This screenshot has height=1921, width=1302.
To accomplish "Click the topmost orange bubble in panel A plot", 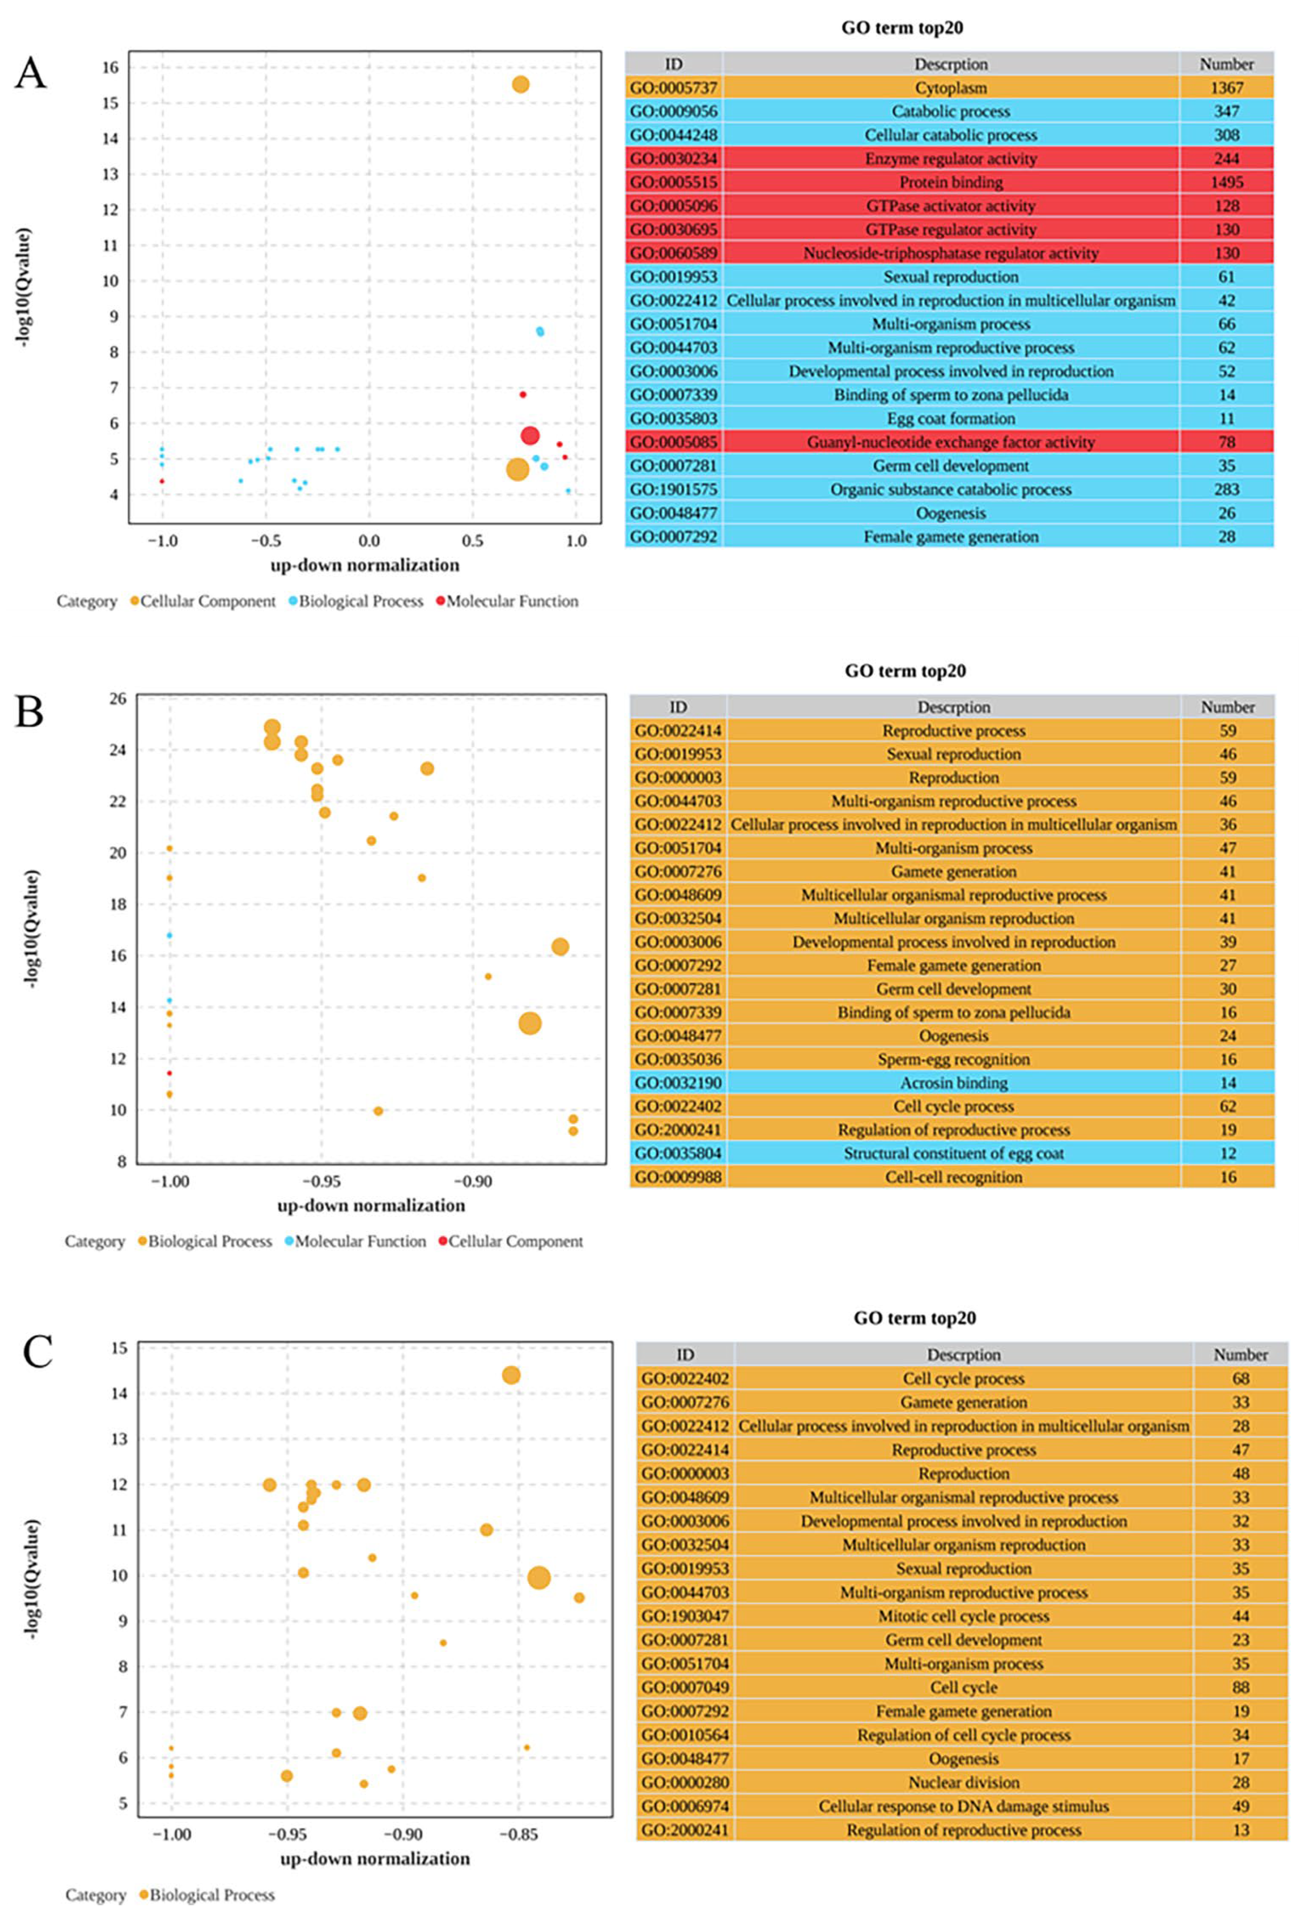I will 520,85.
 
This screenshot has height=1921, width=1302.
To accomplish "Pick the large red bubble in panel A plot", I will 530,435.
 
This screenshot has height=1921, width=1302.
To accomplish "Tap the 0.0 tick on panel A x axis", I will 369,542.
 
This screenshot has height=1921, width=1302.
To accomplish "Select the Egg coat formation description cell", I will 951,418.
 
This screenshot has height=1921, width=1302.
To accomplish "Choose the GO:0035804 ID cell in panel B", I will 678,1153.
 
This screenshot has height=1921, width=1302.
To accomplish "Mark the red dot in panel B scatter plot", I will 170,1073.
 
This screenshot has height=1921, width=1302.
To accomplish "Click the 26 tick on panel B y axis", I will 118,698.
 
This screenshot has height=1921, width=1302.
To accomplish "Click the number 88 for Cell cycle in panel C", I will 1240,1687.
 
